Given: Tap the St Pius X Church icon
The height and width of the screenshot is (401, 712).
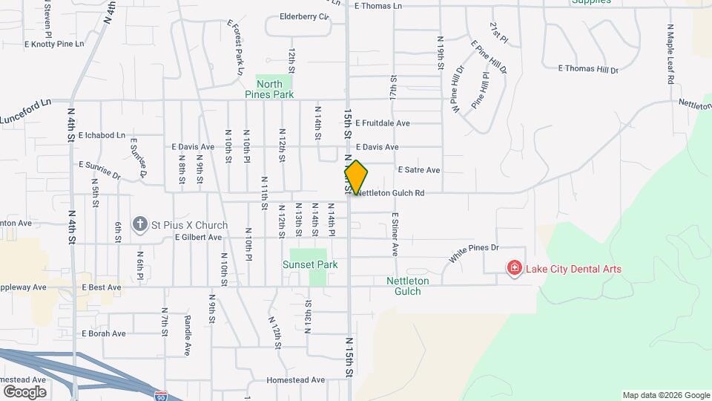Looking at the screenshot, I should pyautogui.click(x=139, y=224).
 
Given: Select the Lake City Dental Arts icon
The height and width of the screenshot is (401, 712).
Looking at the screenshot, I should pyautogui.click(x=513, y=268).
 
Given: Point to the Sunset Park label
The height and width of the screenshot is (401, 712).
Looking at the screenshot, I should pyautogui.click(x=310, y=264).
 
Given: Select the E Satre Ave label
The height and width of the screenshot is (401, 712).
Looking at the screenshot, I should pyautogui.click(x=419, y=170).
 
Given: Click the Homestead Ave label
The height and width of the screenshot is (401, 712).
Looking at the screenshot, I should pyautogui.click(x=297, y=380).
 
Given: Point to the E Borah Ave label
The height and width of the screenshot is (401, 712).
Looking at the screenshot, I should pyautogui.click(x=104, y=333).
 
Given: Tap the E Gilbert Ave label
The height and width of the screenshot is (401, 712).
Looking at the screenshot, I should pyautogui.click(x=198, y=238).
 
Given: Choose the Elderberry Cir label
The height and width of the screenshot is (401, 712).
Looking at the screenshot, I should pyautogui.click(x=304, y=16).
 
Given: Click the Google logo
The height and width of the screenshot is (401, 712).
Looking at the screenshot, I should pyautogui.click(x=25, y=391).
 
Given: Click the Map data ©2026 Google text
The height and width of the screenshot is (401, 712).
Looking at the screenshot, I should pyautogui.click(x=666, y=395).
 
